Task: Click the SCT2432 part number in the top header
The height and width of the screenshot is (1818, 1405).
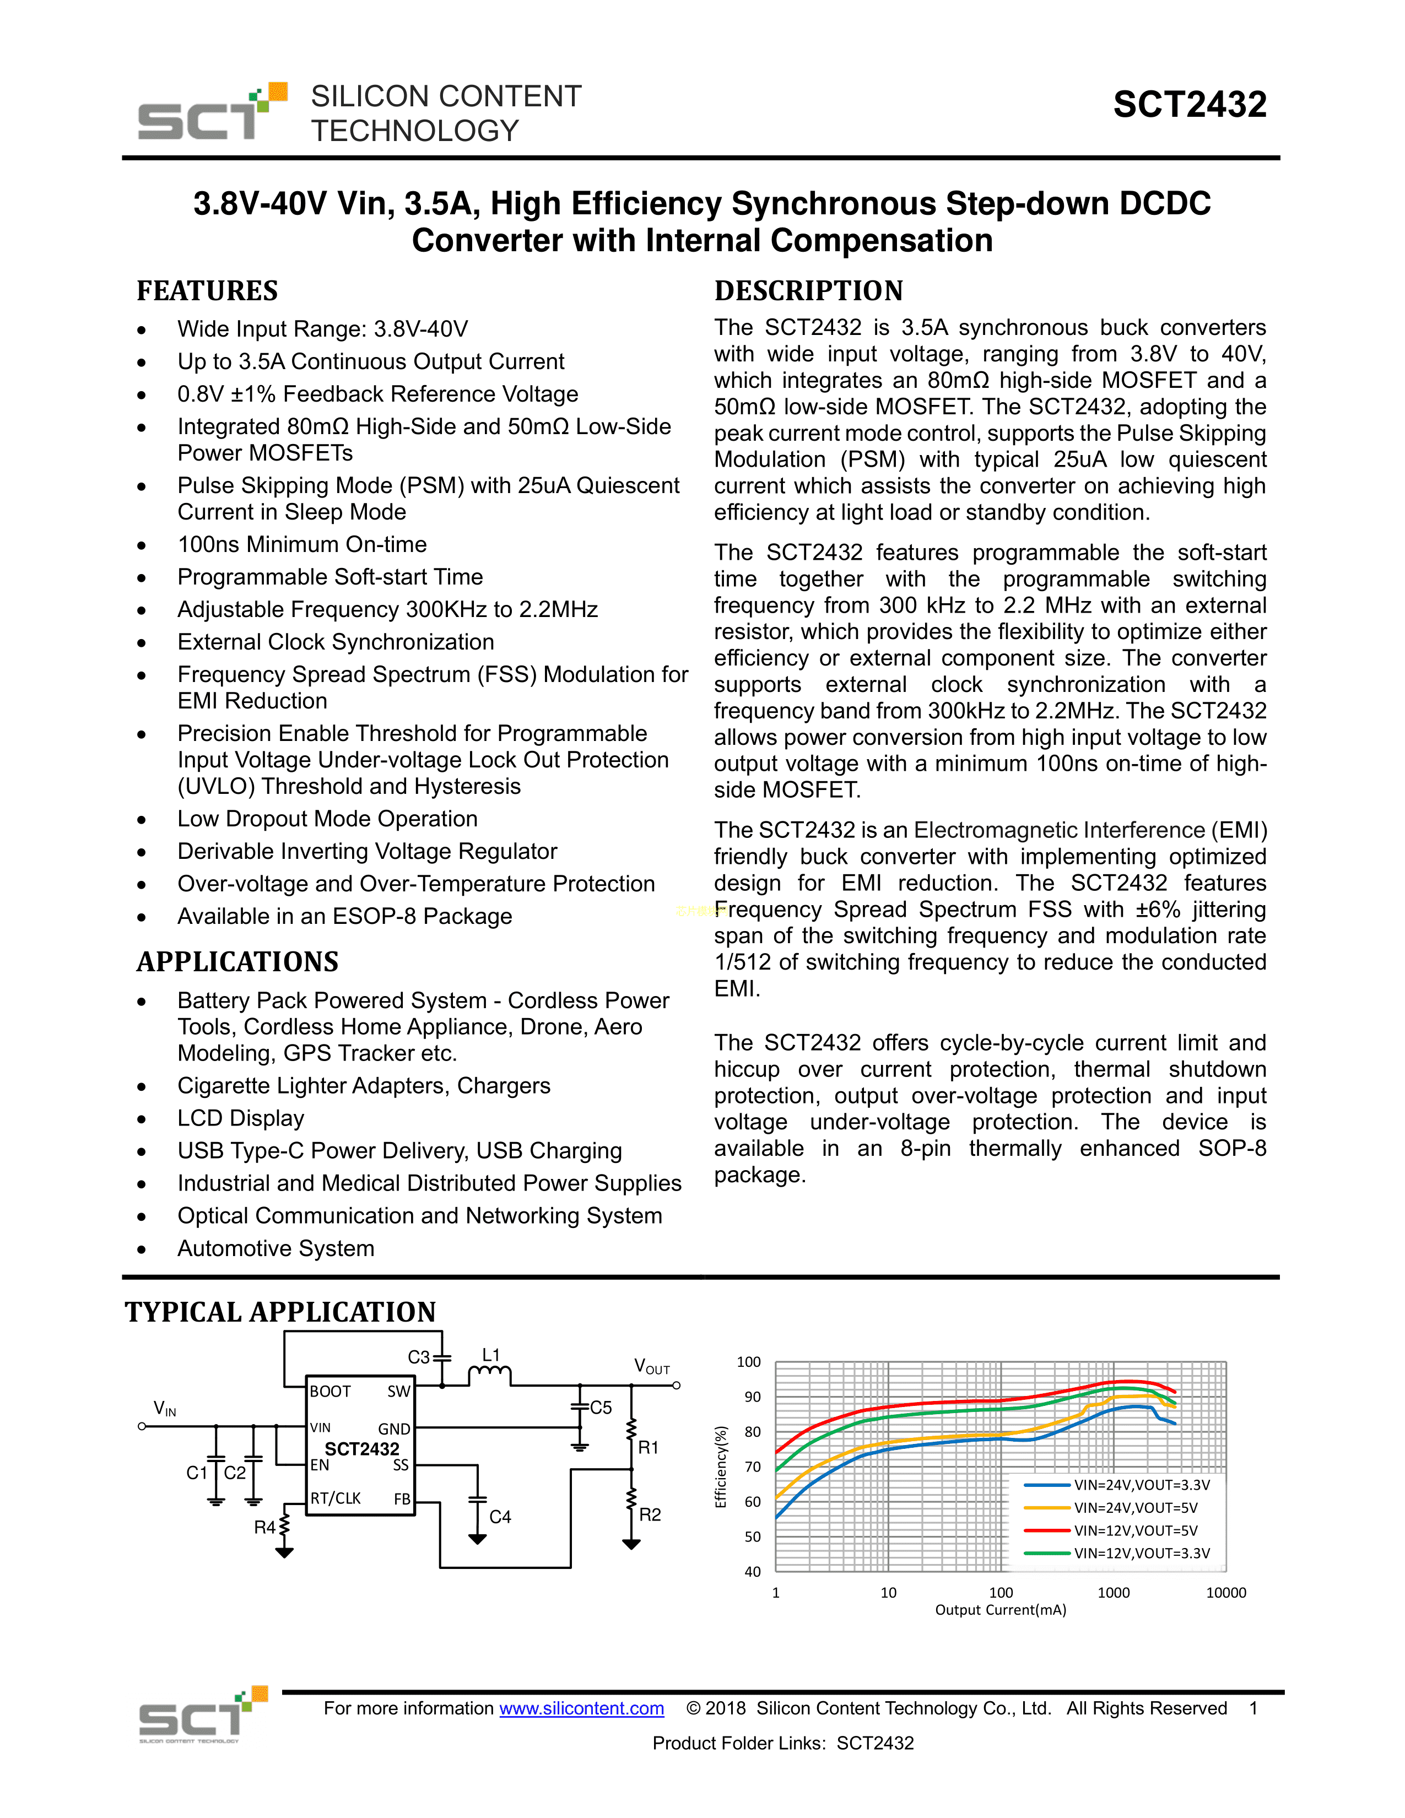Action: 1190,105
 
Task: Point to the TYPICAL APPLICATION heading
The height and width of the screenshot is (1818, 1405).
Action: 280,1312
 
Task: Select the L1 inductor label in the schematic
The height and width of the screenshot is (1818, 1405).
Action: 491,1355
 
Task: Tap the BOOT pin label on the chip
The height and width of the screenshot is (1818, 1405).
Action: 331,1391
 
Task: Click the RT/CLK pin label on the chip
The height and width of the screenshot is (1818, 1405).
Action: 336,1498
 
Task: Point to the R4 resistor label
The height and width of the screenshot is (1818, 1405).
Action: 264,1528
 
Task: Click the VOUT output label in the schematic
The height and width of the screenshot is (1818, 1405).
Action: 652,1367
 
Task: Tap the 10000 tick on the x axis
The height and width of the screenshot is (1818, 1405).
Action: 1226,1593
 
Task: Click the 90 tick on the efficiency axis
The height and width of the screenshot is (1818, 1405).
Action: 753,1397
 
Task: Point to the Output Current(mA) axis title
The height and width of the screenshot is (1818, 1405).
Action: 1001,1610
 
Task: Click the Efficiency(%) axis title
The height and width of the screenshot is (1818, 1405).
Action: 721,1467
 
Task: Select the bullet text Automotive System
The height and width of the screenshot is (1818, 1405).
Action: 275,1248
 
